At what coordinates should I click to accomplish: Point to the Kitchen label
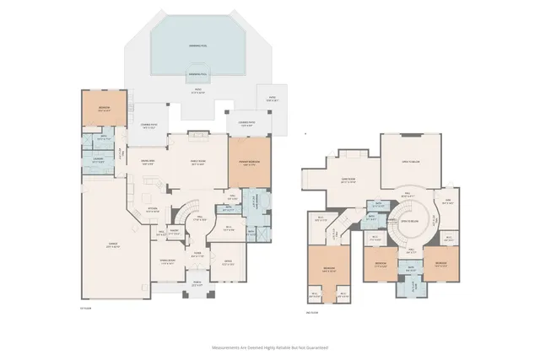154,210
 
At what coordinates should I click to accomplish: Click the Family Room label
197,165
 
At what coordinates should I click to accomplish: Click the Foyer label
197,252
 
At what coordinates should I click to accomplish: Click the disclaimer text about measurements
270,347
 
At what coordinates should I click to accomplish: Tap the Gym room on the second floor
447,201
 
